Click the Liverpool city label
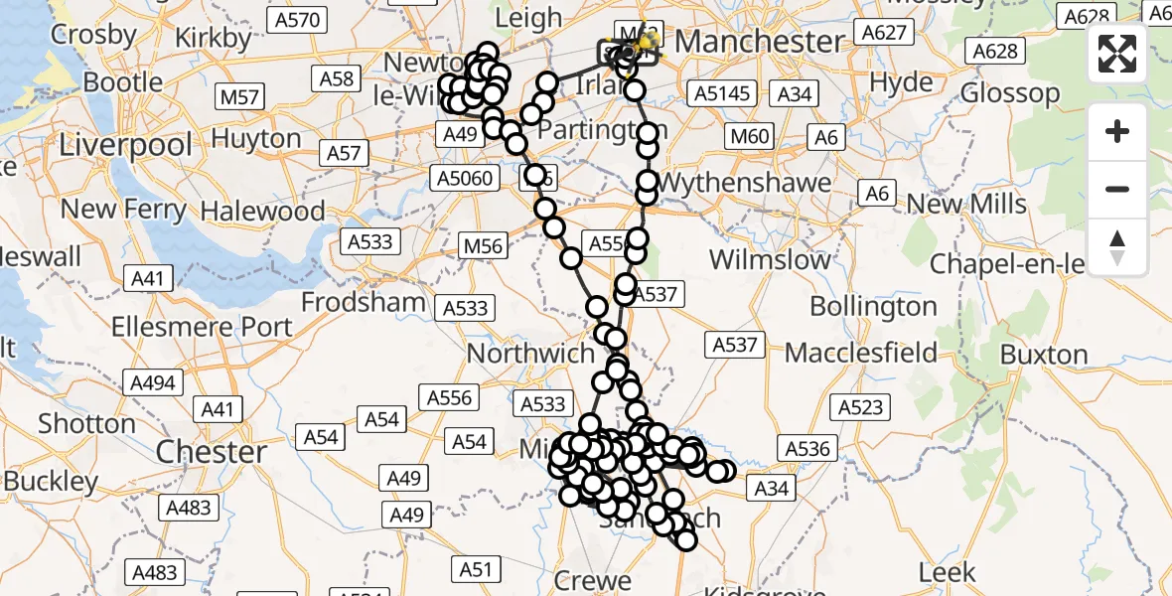pyautogui.click(x=125, y=145)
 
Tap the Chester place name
pyautogui.click(x=211, y=452)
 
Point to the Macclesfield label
pyautogui.click(x=860, y=353)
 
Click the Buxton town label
pyautogui.click(x=1044, y=355)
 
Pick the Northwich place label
pyautogui.click(x=530, y=354)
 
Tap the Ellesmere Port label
pyautogui.click(x=202, y=327)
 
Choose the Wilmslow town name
pyautogui.click(x=770, y=260)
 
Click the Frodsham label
pyautogui.click(x=364, y=302)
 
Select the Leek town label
pyautogui.click(x=948, y=572)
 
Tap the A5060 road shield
pyautogui.click(x=463, y=178)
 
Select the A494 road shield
pyautogui.click(x=151, y=382)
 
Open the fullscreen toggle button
pyautogui.click(x=1117, y=54)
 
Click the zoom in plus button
pyautogui.click(x=1117, y=132)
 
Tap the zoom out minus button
pyautogui.click(x=1117, y=189)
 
